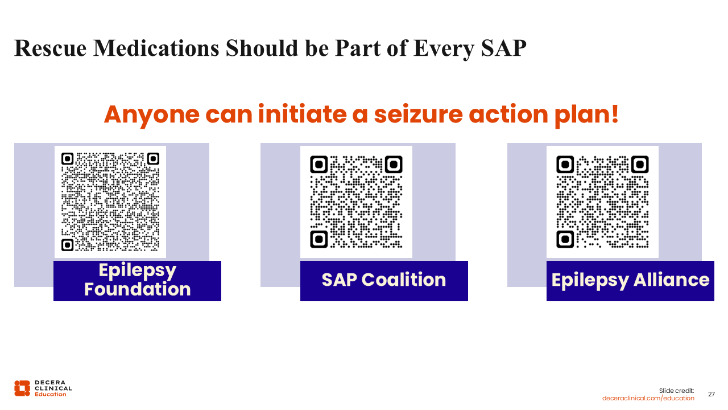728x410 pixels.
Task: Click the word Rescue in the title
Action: tap(51, 48)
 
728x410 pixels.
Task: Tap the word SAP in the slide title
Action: tap(503, 48)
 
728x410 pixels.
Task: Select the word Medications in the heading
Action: tap(156, 48)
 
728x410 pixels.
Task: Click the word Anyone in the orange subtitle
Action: tap(152, 115)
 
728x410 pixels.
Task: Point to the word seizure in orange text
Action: tap(418, 114)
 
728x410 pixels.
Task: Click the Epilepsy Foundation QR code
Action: tap(110, 202)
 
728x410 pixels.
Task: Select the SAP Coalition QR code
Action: tap(356, 202)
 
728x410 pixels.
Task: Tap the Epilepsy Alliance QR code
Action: tap(602, 202)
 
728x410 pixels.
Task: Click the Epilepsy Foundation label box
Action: tap(137, 281)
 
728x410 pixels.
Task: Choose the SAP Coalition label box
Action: tap(384, 281)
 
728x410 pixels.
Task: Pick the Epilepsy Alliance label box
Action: tap(630, 281)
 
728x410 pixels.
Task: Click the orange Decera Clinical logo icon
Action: tap(22, 388)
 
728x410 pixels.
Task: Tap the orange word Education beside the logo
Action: tap(51, 395)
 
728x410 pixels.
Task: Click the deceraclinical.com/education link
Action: tap(648, 398)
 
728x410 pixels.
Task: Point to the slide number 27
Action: tap(712, 395)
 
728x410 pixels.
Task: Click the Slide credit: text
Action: tap(676, 391)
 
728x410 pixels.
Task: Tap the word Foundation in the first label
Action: tap(138, 289)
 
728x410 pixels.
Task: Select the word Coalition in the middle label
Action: tap(404, 280)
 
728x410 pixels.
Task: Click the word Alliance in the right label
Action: tap(672, 280)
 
